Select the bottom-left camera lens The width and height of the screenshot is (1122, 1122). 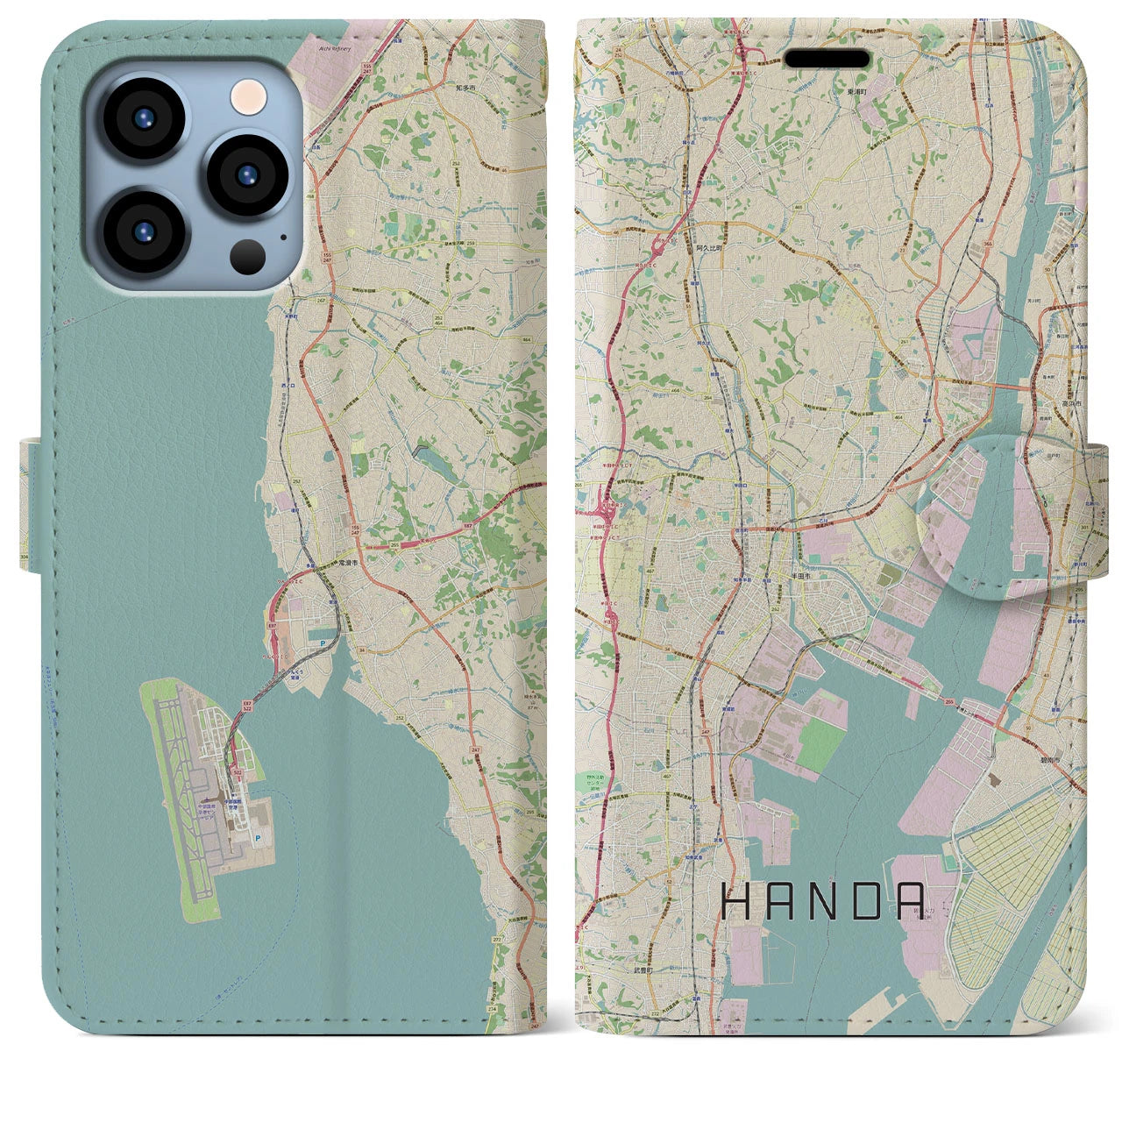pos(142,232)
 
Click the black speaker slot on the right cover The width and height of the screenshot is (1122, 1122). pos(827,59)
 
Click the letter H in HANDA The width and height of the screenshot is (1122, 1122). pos(734,900)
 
